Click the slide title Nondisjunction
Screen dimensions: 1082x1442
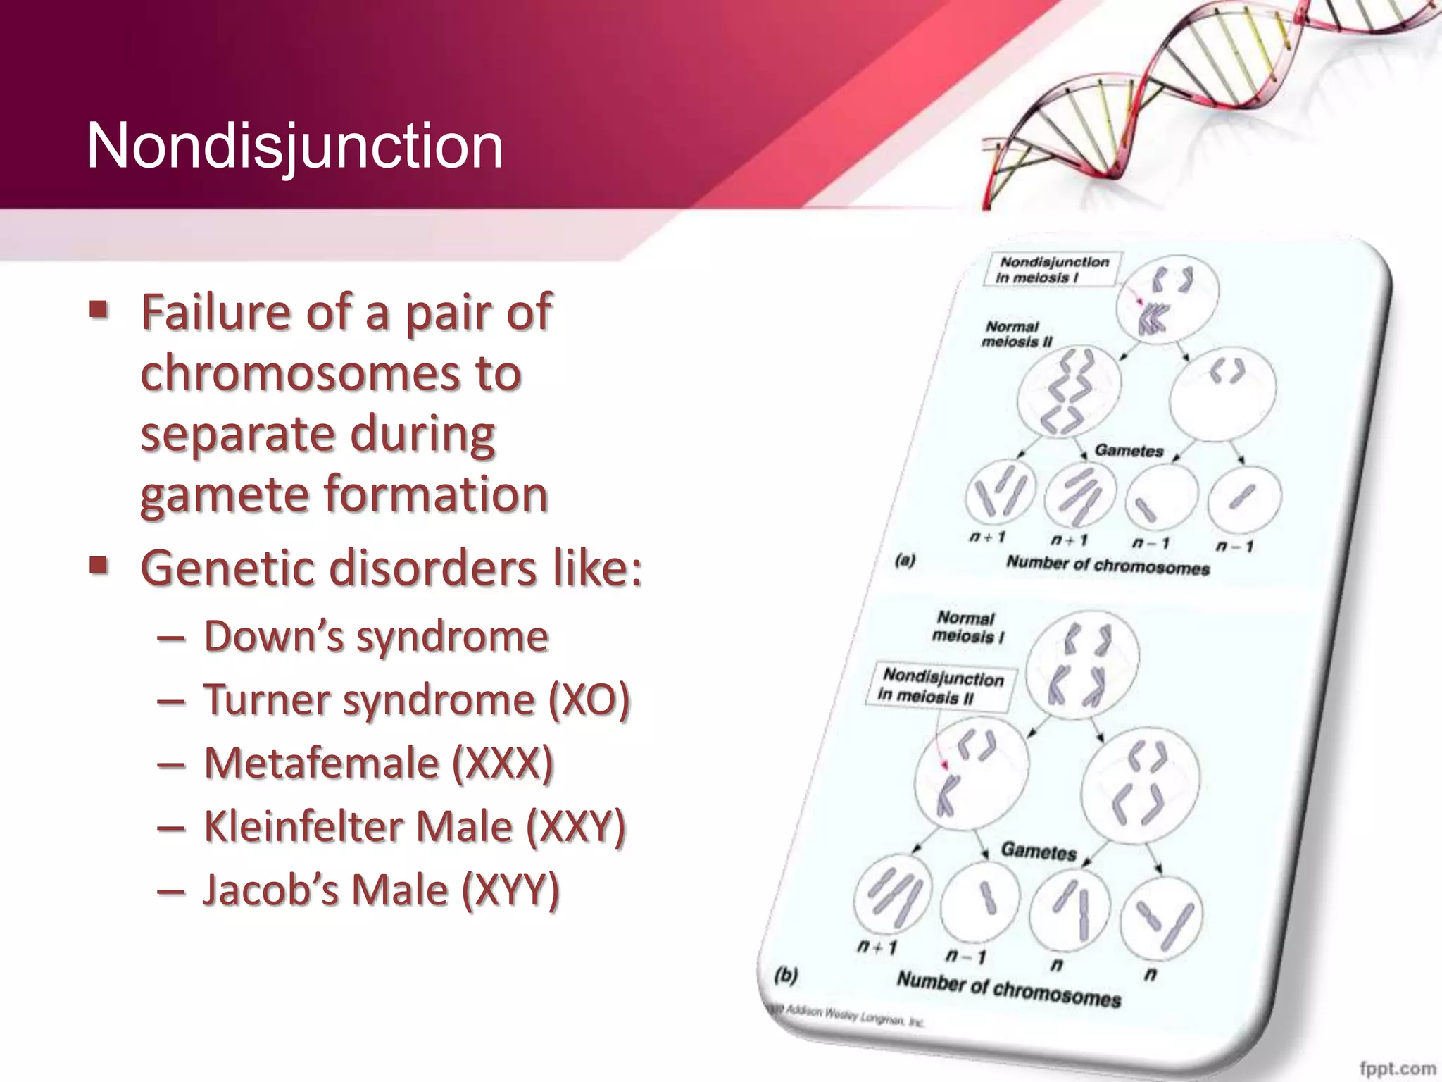point(294,147)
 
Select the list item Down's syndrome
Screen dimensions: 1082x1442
point(376,636)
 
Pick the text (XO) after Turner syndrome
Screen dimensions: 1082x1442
point(588,700)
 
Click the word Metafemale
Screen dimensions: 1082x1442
point(321,763)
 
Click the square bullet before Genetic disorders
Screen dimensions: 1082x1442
point(99,565)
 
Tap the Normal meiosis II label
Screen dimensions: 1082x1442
point(1015,334)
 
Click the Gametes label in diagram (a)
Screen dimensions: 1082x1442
point(1129,451)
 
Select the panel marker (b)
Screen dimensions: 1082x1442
point(785,976)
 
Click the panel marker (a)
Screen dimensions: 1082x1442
point(905,561)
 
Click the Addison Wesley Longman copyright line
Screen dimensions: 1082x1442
point(845,1016)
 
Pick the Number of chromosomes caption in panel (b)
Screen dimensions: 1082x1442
point(1008,990)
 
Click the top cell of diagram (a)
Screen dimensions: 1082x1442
point(1167,299)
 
